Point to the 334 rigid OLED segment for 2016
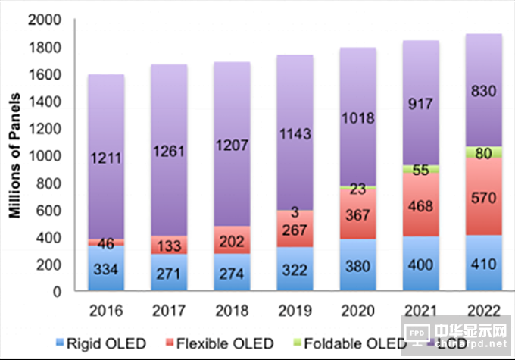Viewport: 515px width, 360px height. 107,269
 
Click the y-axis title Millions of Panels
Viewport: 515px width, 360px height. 14,156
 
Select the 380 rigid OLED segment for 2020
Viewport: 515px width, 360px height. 358,266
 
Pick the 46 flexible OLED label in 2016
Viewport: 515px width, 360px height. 107,243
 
